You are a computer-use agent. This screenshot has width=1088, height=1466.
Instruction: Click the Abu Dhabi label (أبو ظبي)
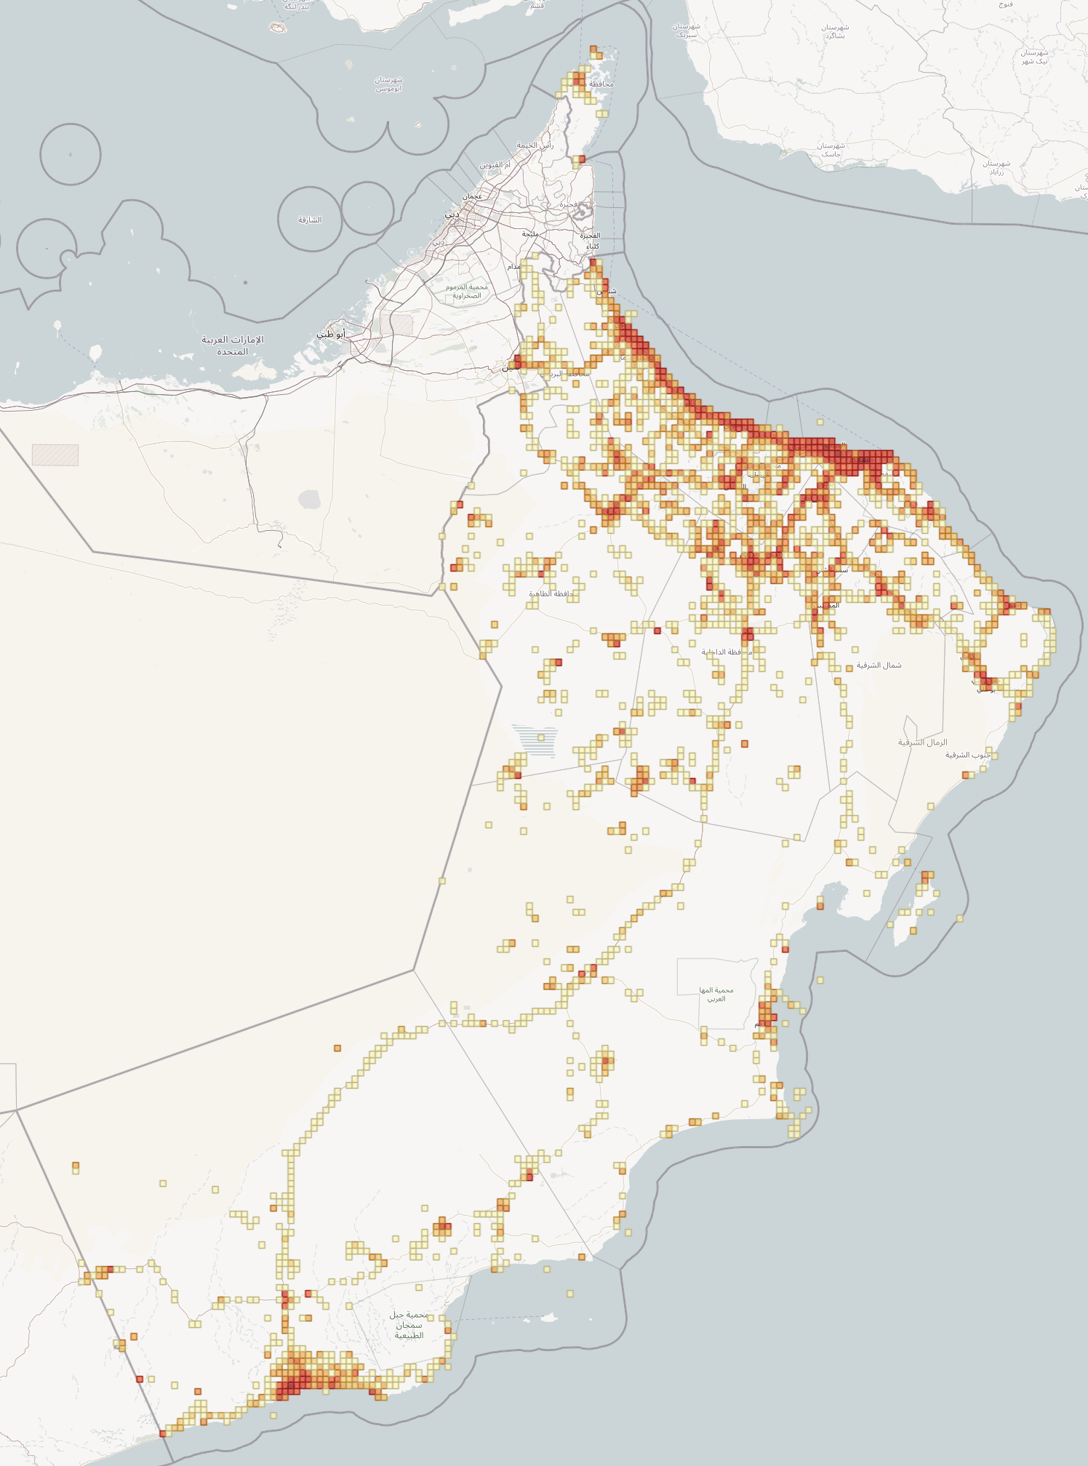[330, 335]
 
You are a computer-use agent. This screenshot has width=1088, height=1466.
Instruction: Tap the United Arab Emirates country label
[233, 345]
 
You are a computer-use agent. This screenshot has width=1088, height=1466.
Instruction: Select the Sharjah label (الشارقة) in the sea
[310, 220]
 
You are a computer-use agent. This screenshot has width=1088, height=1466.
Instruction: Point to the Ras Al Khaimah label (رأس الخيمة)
[535, 145]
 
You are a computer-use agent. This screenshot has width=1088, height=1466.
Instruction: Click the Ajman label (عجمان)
[472, 196]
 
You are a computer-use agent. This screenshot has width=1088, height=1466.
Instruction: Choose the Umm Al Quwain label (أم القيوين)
[495, 165]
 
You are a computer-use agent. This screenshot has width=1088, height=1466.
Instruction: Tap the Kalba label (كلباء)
[593, 246]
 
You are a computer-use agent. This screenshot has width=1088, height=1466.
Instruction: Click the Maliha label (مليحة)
[530, 233]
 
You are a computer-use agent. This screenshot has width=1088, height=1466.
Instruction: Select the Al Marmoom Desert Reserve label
[467, 291]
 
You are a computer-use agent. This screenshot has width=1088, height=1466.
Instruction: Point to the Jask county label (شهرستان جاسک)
[831, 150]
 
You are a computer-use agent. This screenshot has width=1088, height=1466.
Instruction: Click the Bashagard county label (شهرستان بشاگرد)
[835, 31]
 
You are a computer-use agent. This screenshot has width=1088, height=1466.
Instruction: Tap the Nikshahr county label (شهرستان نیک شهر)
[1033, 57]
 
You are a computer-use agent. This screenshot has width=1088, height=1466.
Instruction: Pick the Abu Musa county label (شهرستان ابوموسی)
[389, 84]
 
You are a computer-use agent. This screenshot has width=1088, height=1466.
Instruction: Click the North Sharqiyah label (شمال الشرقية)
[879, 665]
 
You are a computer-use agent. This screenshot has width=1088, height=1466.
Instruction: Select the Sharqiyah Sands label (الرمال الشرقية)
[922, 742]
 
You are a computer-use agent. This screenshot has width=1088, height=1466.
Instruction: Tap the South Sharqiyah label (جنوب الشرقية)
[968, 755]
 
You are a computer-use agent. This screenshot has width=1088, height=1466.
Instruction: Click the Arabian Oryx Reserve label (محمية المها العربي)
[716, 994]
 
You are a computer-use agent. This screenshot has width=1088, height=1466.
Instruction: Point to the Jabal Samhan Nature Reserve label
[408, 1325]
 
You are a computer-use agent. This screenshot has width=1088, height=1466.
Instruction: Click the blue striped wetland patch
[535, 740]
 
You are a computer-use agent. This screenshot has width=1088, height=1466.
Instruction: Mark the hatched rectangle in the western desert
[55, 455]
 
